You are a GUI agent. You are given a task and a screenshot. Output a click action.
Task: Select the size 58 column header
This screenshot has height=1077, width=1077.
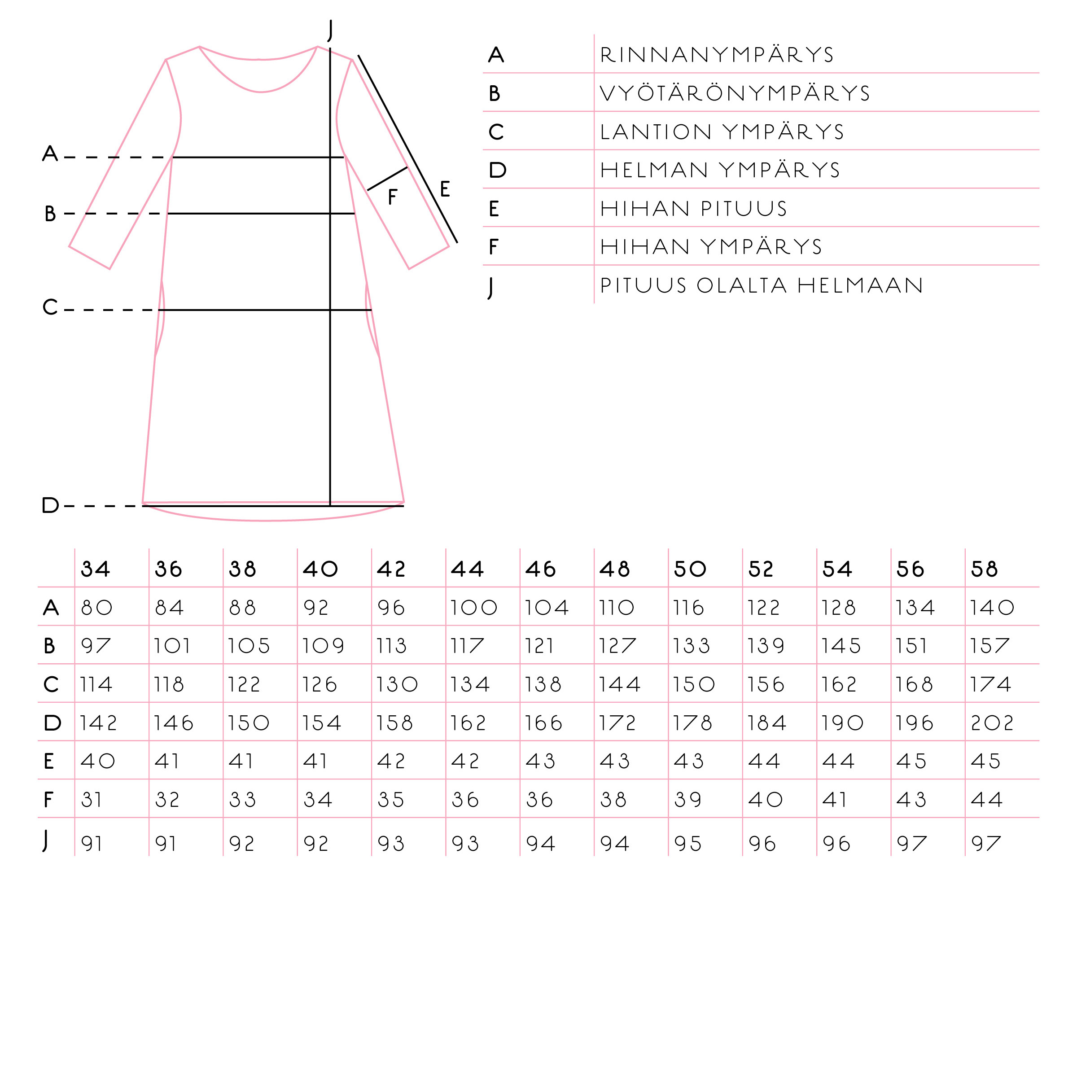pyautogui.click(x=985, y=569)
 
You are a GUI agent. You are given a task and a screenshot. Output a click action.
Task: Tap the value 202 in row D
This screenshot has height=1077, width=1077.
pyautogui.click(x=992, y=723)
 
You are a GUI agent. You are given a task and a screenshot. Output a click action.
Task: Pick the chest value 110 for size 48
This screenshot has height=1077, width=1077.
pyautogui.click(x=616, y=607)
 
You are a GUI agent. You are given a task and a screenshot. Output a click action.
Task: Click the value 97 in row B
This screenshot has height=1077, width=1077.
pyautogui.click(x=96, y=646)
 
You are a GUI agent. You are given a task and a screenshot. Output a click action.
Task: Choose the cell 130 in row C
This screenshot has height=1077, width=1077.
pyautogui.click(x=396, y=684)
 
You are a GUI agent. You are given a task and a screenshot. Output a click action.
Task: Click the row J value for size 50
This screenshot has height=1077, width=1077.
pyautogui.click(x=687, y=844)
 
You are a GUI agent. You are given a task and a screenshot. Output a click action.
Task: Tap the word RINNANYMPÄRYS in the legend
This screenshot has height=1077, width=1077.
pyautogui.click(x=717, y=55)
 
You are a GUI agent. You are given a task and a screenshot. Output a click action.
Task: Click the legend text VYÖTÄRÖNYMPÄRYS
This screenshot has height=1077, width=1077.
pyautogui.click(x=735, y=93)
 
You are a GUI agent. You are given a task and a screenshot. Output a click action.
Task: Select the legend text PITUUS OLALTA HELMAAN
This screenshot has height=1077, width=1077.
pyautogui.click(x=762, y=285)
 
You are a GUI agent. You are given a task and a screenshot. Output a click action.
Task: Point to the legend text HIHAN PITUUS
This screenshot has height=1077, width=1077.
pyautogui.click(x=693, y=209)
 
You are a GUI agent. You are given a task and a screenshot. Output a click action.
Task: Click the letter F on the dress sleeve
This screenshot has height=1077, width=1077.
pyautogui.click(x=393, y=197)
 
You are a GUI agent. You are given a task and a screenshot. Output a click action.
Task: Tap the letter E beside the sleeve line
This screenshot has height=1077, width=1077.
pyautogui.click(x=444, y=189)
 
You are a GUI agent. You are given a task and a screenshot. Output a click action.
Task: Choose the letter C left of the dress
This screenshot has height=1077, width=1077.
pyautogui.click(x=50, y=306)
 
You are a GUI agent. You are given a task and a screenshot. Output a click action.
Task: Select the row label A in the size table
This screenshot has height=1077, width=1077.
pyautogui.click(x=51, y=607)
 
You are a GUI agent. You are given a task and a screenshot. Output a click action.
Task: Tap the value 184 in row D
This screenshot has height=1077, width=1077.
pyautogui.click(x=766, y=723)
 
